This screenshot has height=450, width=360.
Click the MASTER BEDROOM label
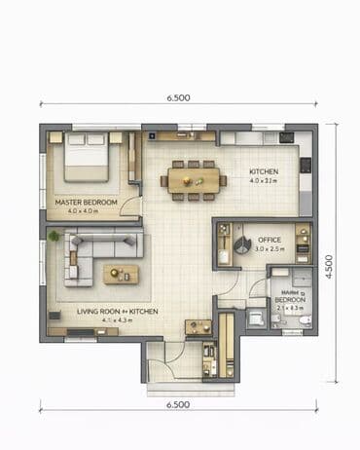86,202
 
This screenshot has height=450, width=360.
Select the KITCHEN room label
263,171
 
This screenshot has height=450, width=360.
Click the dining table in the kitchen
193,180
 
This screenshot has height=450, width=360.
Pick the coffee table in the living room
122,274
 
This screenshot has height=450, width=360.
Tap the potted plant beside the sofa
54,237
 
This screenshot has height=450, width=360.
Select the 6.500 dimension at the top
178,98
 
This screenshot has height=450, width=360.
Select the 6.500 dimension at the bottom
178,403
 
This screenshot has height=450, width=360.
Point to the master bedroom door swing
133,207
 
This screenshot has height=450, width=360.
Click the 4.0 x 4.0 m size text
86,210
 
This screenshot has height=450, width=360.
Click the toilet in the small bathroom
304,319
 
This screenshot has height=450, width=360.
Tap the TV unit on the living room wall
52,316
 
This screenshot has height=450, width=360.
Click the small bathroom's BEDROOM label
290,300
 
